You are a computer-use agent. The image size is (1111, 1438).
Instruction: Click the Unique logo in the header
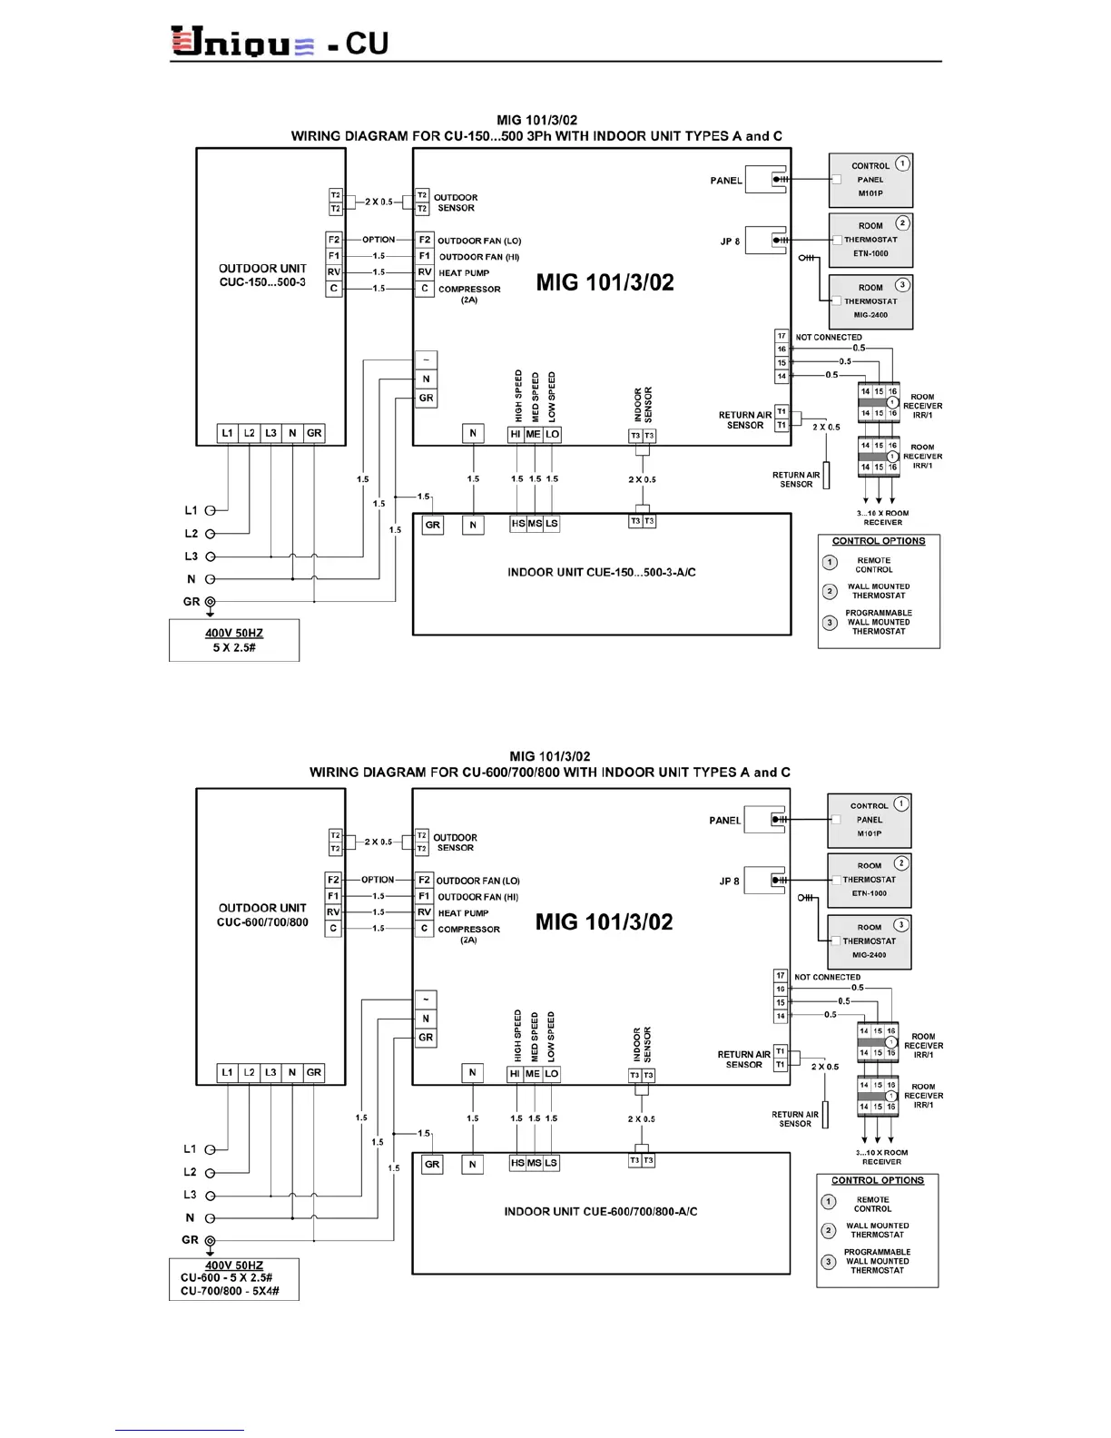[242, 42]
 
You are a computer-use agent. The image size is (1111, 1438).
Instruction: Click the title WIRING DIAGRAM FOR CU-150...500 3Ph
[536, 136]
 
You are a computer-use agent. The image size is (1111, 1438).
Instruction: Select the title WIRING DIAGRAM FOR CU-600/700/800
[549, 773]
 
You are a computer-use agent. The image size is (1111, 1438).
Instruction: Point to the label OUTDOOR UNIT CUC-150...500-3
[262, 275]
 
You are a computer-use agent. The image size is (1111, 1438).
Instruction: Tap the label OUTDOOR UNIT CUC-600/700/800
[262, 915]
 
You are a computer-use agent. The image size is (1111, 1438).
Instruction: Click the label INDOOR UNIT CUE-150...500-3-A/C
[601, 573]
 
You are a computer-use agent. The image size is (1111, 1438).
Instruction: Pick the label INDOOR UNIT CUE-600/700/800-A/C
[601, 1212]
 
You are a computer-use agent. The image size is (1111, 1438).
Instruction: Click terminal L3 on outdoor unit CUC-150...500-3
[270, 433]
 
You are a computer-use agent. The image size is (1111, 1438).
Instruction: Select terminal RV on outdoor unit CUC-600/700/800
[333, 912]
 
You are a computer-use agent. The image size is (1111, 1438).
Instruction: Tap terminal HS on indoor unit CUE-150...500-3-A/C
[517, 524]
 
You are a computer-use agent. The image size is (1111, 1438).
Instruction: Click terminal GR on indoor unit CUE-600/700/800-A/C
[432, 1164]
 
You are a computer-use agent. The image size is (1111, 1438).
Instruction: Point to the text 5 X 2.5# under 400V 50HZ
[234, 648]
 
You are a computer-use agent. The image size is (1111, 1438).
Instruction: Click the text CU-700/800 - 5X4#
[230, 1291]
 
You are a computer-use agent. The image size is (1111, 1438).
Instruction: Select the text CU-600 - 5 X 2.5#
[226, 1277]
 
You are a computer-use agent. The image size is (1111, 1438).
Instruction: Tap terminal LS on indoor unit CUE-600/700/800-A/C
[551, 1163]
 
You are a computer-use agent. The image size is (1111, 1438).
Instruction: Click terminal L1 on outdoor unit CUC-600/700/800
[227, 1072]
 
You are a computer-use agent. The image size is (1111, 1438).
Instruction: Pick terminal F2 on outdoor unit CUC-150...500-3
[334, 240]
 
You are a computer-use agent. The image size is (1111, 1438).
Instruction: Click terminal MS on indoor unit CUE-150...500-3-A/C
[535, 524]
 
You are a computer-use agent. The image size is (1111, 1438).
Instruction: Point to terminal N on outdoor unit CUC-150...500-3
[292, 433]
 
